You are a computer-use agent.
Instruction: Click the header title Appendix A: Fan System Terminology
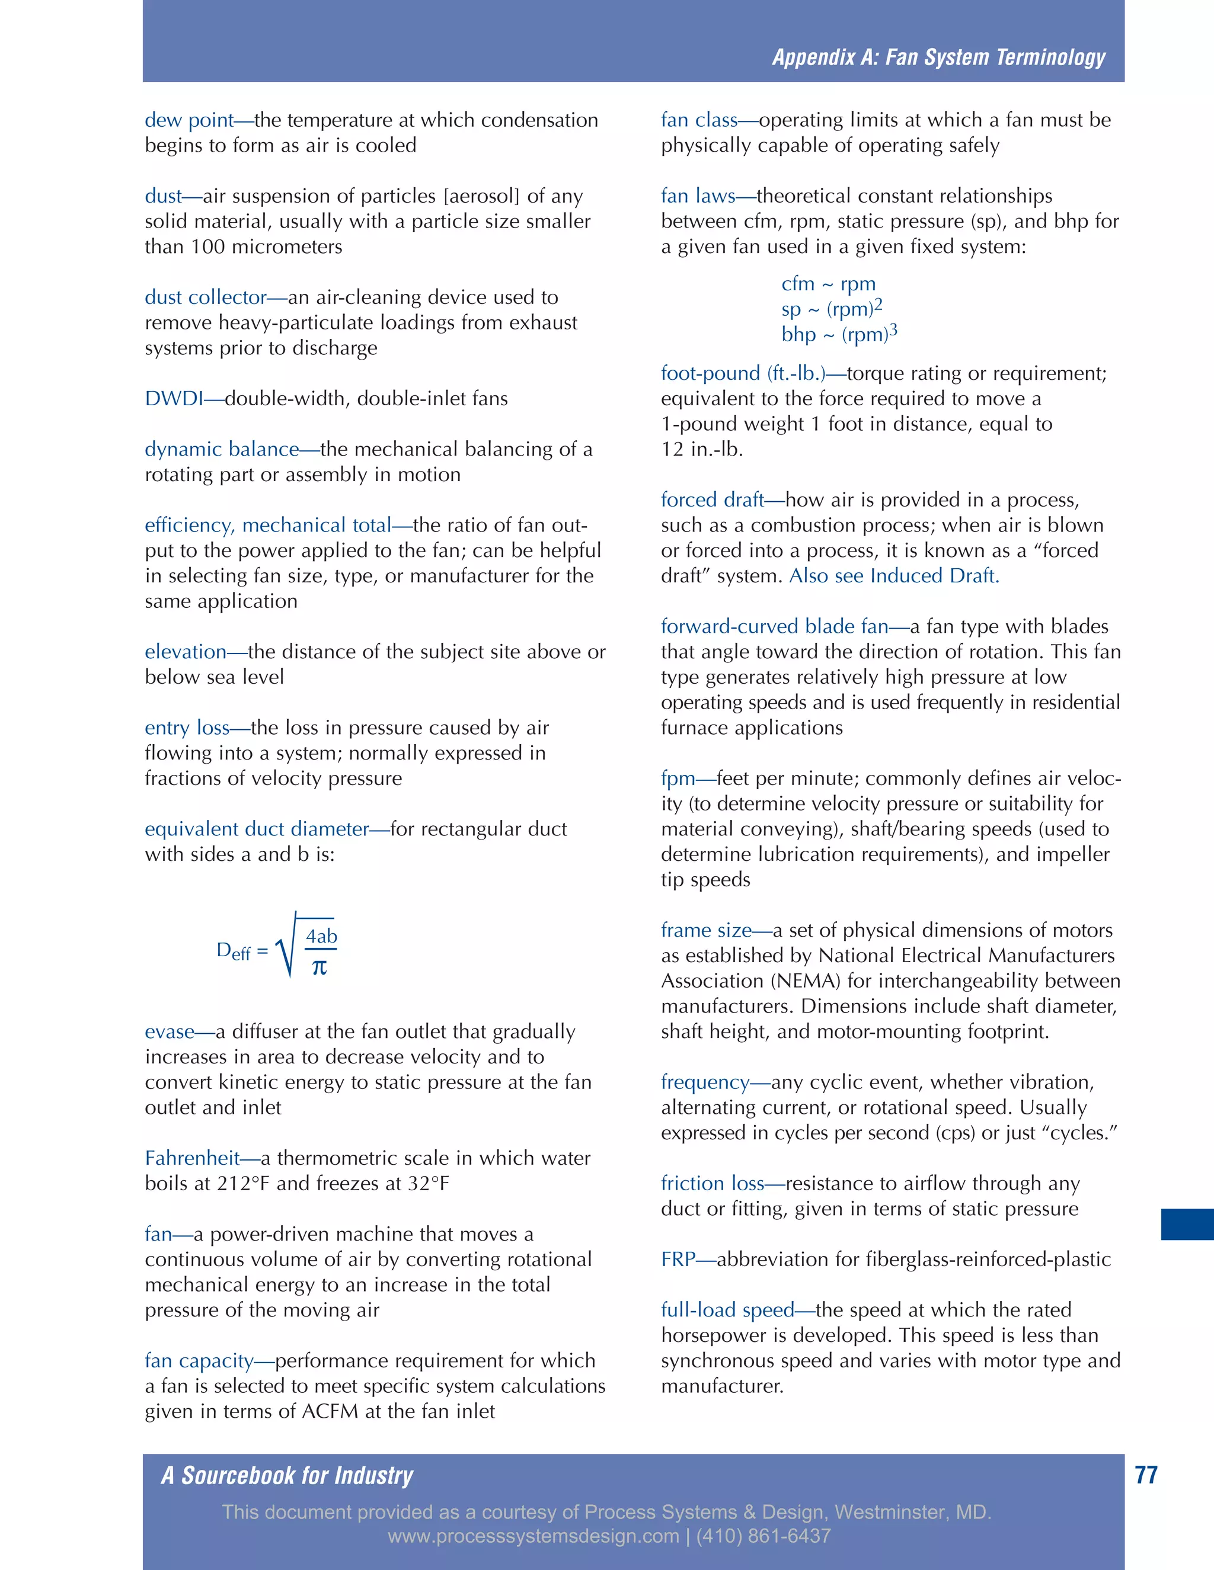click(938, 57)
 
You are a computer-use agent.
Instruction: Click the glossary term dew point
click(189, 120)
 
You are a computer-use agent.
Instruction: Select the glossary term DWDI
click(173, 399)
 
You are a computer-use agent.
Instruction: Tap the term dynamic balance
click(222, 449)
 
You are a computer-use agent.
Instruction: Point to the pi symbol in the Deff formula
click(320, 967)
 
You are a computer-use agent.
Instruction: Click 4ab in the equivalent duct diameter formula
click(321, 936)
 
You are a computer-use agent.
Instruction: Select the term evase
click(169, 1032)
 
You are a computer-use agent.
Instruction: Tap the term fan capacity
click(199, 1361)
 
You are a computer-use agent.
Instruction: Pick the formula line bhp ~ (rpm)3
click(839, 334)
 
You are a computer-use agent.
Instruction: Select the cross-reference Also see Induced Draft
click(894, 576)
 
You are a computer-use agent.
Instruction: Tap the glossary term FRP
click(678, 1260)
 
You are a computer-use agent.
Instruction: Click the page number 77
click(1146, 1475)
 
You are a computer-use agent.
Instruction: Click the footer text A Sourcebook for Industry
click(287, 1476)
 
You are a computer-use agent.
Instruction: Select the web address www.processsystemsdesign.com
click(533, 1536)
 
